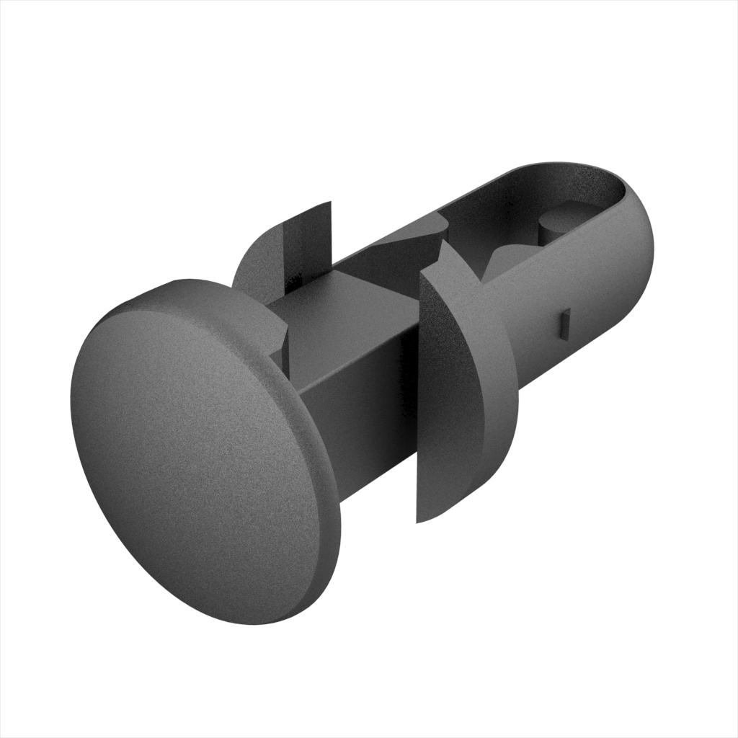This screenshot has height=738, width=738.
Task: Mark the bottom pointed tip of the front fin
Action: pyautogui.click(x=419, y=520)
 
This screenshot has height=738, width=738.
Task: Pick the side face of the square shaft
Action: pyautogui.click(x=360, y=418)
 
